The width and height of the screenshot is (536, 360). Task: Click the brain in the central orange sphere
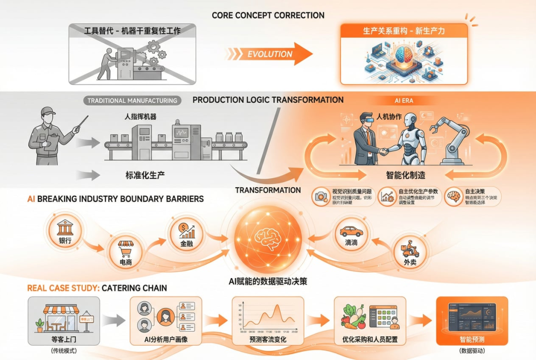click(x=268, y=237)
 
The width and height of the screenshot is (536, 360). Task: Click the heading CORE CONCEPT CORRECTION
click(x=268, y=15)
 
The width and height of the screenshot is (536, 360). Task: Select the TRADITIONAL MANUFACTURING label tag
click(x=132, y=100)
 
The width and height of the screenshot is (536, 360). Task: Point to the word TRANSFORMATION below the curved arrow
click(x=268, y=190)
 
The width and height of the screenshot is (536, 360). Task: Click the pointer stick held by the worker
click(x=80, y=123)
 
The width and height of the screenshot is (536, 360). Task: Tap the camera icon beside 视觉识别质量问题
click(x=320, y=196)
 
